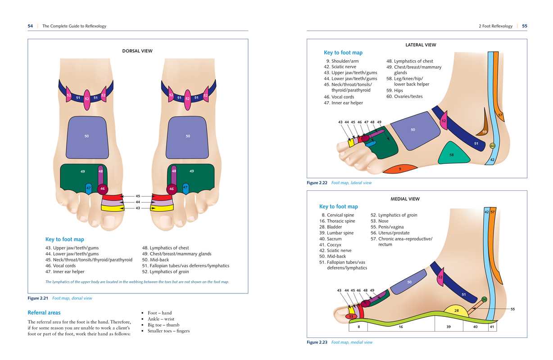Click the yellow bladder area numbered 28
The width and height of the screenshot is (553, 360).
[456, 311]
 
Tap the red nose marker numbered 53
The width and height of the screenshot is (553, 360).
[352, 317]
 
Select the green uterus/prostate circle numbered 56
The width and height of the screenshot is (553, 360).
[484, 299]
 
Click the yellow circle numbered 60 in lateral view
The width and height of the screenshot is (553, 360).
[492, 146]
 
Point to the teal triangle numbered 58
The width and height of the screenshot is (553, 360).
[452, 154]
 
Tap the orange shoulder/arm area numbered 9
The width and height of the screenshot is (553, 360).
[399, 169]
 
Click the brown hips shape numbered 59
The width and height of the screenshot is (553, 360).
[483, 130]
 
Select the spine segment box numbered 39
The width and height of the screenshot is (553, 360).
[449, 327]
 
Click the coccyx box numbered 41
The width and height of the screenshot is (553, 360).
[492, 327]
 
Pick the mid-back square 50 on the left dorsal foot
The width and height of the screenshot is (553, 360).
[86, 136]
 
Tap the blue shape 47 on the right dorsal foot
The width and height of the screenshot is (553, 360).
[185, 188]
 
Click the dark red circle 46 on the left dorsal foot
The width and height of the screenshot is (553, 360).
[102, 189]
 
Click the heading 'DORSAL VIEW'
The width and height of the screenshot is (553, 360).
[137, 51]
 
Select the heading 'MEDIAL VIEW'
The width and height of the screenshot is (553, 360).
[405, 198]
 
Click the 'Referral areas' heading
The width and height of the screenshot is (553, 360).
[44, 312]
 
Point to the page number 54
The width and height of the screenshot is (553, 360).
[30, 26]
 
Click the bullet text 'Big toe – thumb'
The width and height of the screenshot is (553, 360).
[163, 325]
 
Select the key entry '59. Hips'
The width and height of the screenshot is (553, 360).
[394, 90]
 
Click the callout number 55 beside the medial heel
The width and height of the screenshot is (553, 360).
[512, 309]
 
